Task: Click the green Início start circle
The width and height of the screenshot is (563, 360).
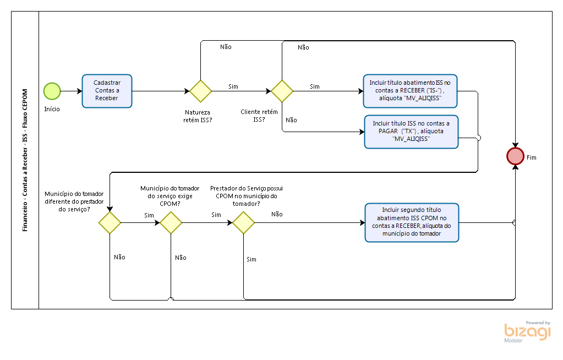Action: pyautogui.click(x=52, y=91)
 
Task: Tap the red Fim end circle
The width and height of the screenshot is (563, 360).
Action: pyautogui.click(x=515, y=156)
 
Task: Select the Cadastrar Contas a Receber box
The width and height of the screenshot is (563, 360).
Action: pyautogui.click(x=107, y=91)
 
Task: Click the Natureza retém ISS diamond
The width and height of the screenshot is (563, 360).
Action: pyautogui.click(x=200, y=91)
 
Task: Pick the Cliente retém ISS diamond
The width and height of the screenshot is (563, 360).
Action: pyautogui.click(x=282, y=91)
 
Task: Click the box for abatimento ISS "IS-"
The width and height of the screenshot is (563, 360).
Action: pyautogui.click(x=410, y=90)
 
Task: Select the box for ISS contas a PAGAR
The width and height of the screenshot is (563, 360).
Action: pyautogui.click(x=411, y=132)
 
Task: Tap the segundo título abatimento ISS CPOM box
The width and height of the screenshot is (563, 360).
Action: pyautogui.click(x=412, y=222)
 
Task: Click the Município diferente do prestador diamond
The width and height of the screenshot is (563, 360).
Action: pyautogui.click(x=110, y=222)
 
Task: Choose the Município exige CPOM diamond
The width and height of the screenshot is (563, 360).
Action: pyautogui.click(x=171, y=222)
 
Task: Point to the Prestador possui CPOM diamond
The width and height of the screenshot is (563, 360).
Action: pyautogui.click(x=243, y=222)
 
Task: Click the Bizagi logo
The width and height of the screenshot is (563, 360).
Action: pyautogui.click(x=527, y=331)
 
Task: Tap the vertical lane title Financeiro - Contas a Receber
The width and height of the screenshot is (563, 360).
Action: pyautogui.click(x=25, y=160)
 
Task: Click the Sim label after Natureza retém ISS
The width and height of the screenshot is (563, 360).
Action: pyautogui.click(x=233, y=86)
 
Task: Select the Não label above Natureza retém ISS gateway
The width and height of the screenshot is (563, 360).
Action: pyautogui.click(x=226, y=47)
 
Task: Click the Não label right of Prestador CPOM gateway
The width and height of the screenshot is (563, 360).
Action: pyautogui.click(x=277, y=214)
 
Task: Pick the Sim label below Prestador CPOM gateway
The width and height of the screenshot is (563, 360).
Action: pyautogui.click(x=252, y=259)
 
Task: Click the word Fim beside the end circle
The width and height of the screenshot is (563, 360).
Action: pyautogui.click(x=531, y=157)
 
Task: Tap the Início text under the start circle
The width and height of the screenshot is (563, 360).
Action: pyautogui.click(x=52, y=109)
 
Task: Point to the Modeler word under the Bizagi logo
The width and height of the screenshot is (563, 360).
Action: pyautogui.click(x=513, y=341)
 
